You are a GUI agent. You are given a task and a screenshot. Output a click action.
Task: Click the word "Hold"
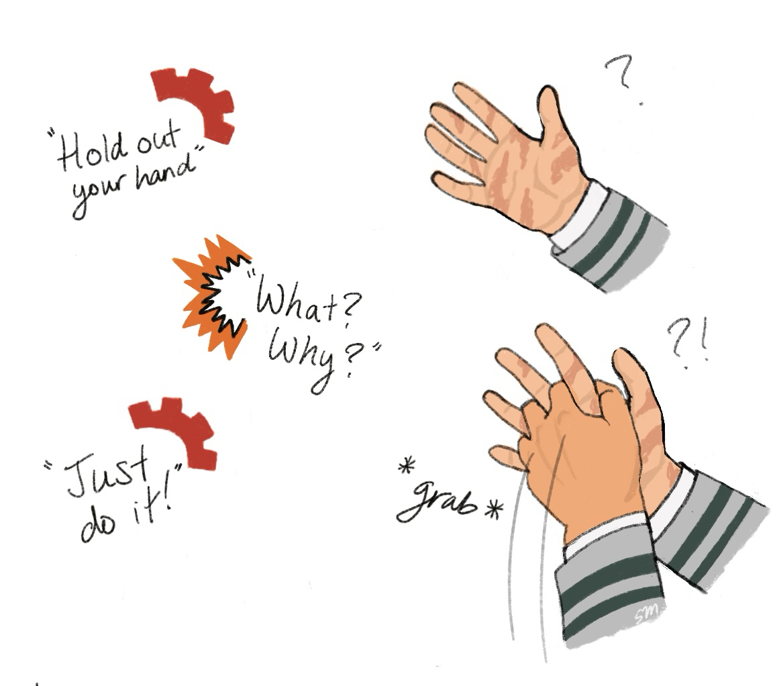(91, 150)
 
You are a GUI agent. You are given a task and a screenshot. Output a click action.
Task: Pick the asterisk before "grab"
(407, 467)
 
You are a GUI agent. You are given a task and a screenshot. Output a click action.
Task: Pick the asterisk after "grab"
(494, 510)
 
